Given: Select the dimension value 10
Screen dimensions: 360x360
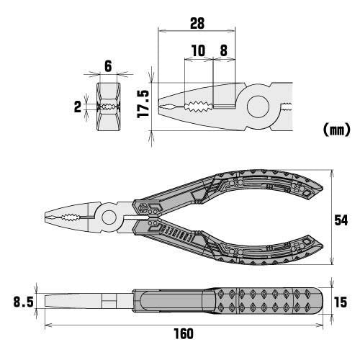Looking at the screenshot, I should click(199, 51).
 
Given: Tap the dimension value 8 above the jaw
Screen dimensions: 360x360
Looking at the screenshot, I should click(223, 51).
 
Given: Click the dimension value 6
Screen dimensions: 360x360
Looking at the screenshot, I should click(107, 66).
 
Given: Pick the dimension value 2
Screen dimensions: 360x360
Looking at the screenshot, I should click(78, 107).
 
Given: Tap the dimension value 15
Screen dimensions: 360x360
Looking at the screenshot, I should click(343, 302).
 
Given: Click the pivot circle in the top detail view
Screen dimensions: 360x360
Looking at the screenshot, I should click(258, 107).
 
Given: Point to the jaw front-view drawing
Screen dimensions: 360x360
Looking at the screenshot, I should click(107, 106).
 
